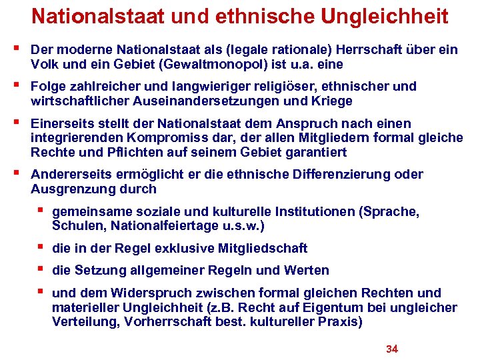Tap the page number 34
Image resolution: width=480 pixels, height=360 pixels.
(x=392, y=349)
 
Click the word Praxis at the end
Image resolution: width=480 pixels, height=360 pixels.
(x=341, y=322)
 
